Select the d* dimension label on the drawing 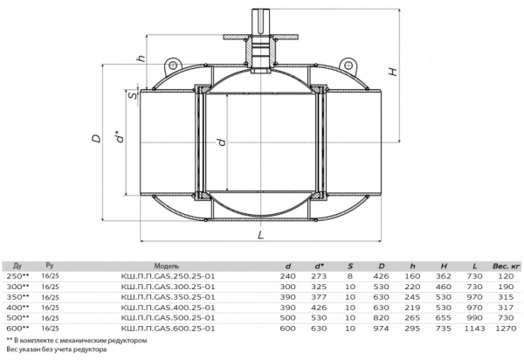click(x=115, y=137)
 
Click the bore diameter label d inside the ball click(x=222, y=142)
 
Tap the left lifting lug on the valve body click(x=176, y=62)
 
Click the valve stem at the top click(x=263, y=17)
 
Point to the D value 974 click(x=380, y=329)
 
